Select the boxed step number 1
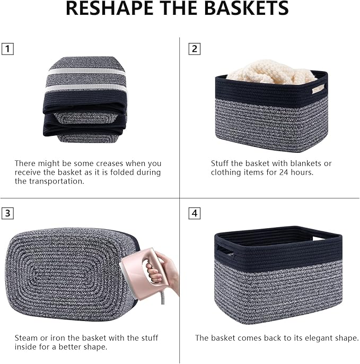(x=7, y=49)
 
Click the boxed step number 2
(x=195, y=49)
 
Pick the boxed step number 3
(x=7, y=213)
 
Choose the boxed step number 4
(x=195, y=213)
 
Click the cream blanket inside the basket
(x=270, y=74)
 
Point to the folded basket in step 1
(x=85, y=101)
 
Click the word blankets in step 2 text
(x=302, y=163)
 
